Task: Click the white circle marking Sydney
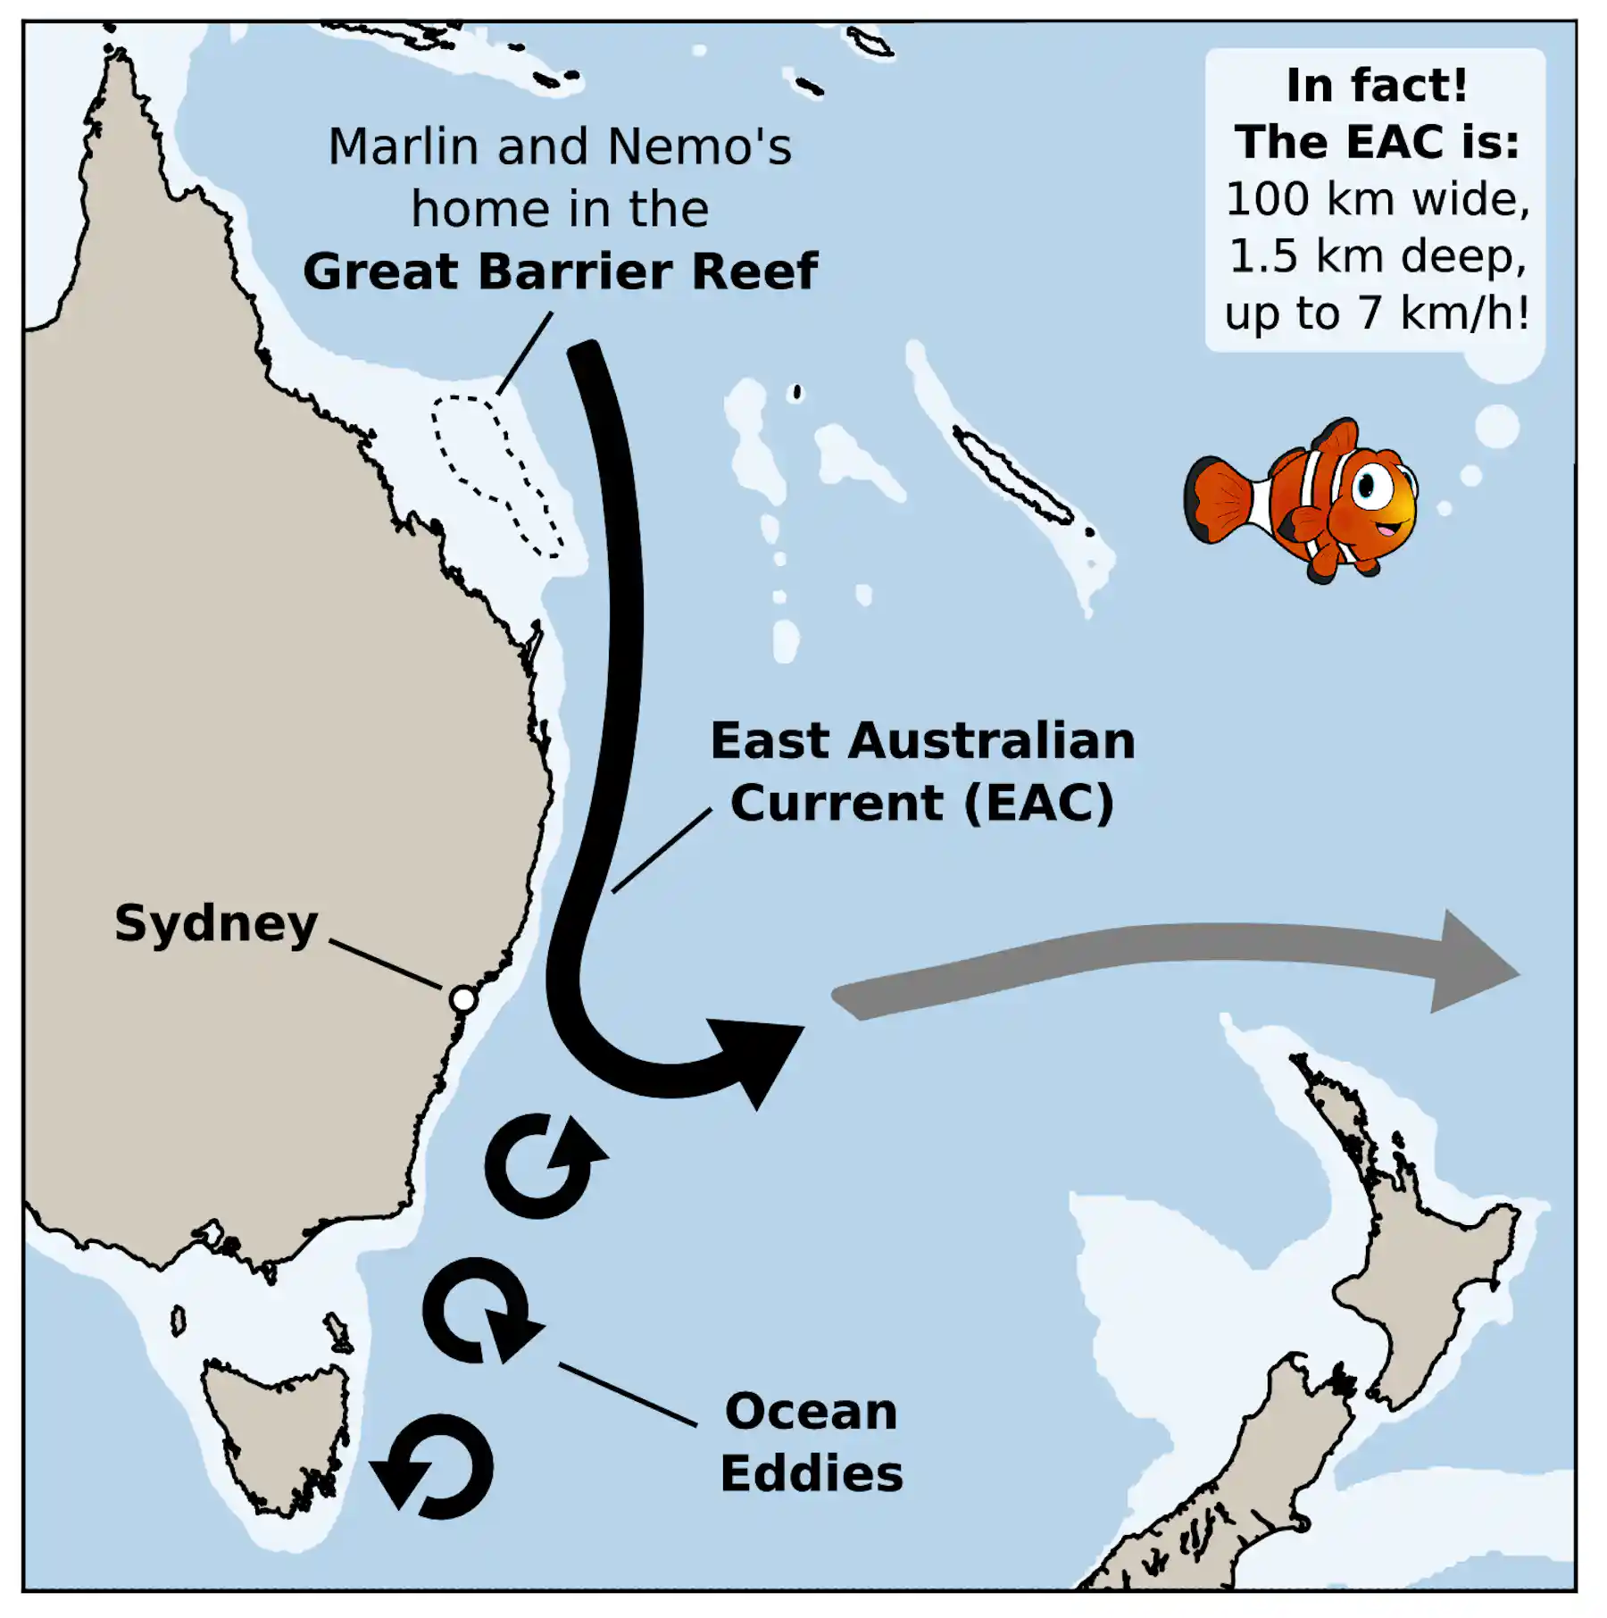pos(462,998)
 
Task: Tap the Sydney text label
pos(216,924)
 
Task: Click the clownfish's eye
pos(1366,487)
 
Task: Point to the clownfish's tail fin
pos(1220,500)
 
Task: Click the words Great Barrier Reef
pos(560,272)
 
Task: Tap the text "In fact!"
pos(1376,87)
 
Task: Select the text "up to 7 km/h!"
pos(1376,314)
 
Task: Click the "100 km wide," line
pos(1376,200)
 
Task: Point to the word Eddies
pos(811,1474)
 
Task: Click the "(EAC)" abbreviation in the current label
pos(1038,804)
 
